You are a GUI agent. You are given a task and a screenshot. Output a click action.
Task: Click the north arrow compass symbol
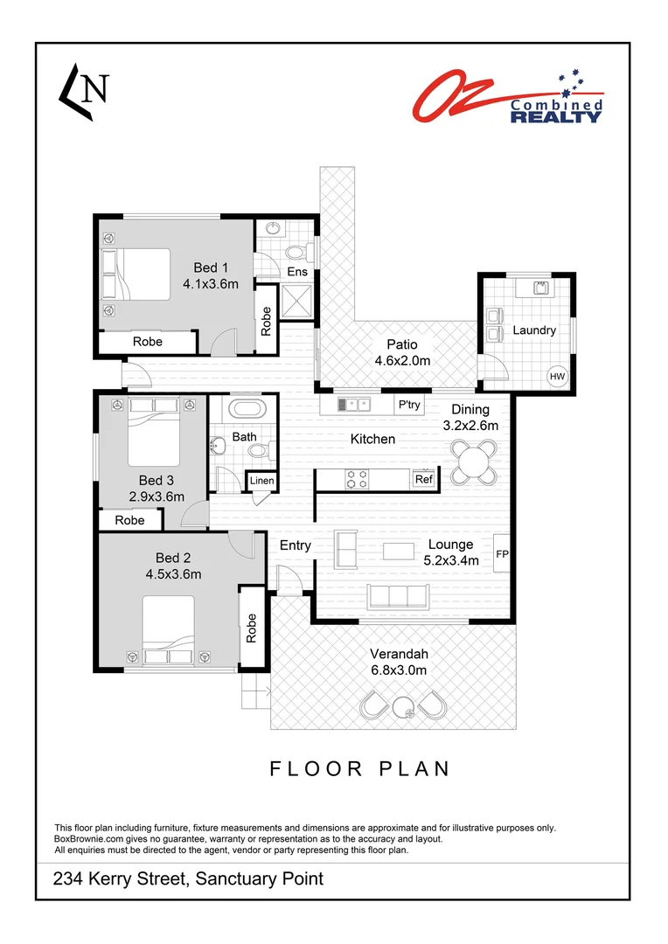pyautogui.click(x=83, y=91)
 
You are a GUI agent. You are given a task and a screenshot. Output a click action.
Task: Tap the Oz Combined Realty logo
pyautogui.click(x=507, y=95)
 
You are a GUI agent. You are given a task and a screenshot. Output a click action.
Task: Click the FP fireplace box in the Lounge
pyautogui.click(x=502, y=553)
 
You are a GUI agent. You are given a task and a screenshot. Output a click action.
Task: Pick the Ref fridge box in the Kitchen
pyautogui.click(x=423, y=479)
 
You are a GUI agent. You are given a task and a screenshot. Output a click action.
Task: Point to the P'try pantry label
pyautogui.click(x=409, y=405)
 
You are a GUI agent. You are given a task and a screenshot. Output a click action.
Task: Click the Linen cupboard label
pyautogui.click(x=261, y=481)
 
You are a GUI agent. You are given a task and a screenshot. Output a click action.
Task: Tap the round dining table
pyautogui.click(x=473, y=458)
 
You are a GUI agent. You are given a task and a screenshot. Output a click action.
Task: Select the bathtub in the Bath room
pyautogui.click(x=252, y=410)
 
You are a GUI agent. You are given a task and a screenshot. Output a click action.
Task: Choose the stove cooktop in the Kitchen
pyautogui.click(x=358, y=479)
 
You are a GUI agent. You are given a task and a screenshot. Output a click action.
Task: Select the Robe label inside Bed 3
pyautogui.click(x=129, y=520)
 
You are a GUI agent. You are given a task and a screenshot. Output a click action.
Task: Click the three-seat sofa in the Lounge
pyautogui.click(x=397, y=597)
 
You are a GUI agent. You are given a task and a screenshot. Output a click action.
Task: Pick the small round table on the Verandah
pyautogui.click(x=404, y=708)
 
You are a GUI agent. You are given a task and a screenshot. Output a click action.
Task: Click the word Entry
pyautogui.click(x=296, y=545)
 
